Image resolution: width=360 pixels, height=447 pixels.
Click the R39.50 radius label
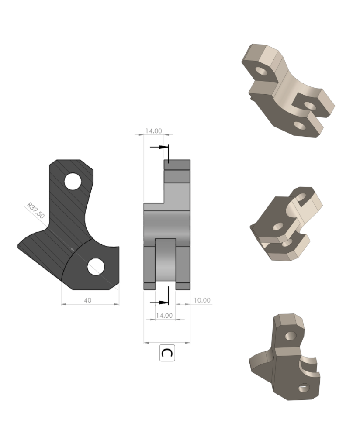click(x=36, y=210)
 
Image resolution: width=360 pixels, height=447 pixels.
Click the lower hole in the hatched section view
click(x=96, y=266)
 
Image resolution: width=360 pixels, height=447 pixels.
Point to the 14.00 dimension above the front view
click(x=154, y=131)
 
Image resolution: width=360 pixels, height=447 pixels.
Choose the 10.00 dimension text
click(x=202, y=300)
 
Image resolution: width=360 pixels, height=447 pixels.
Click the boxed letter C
click(x=166, y=353)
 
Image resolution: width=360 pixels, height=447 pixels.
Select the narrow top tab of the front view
click(x=177, y=165)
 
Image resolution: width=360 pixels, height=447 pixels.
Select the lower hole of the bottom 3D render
click(x=303, y=388)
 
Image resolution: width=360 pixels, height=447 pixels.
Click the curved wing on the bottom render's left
click(x=261, y=362)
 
